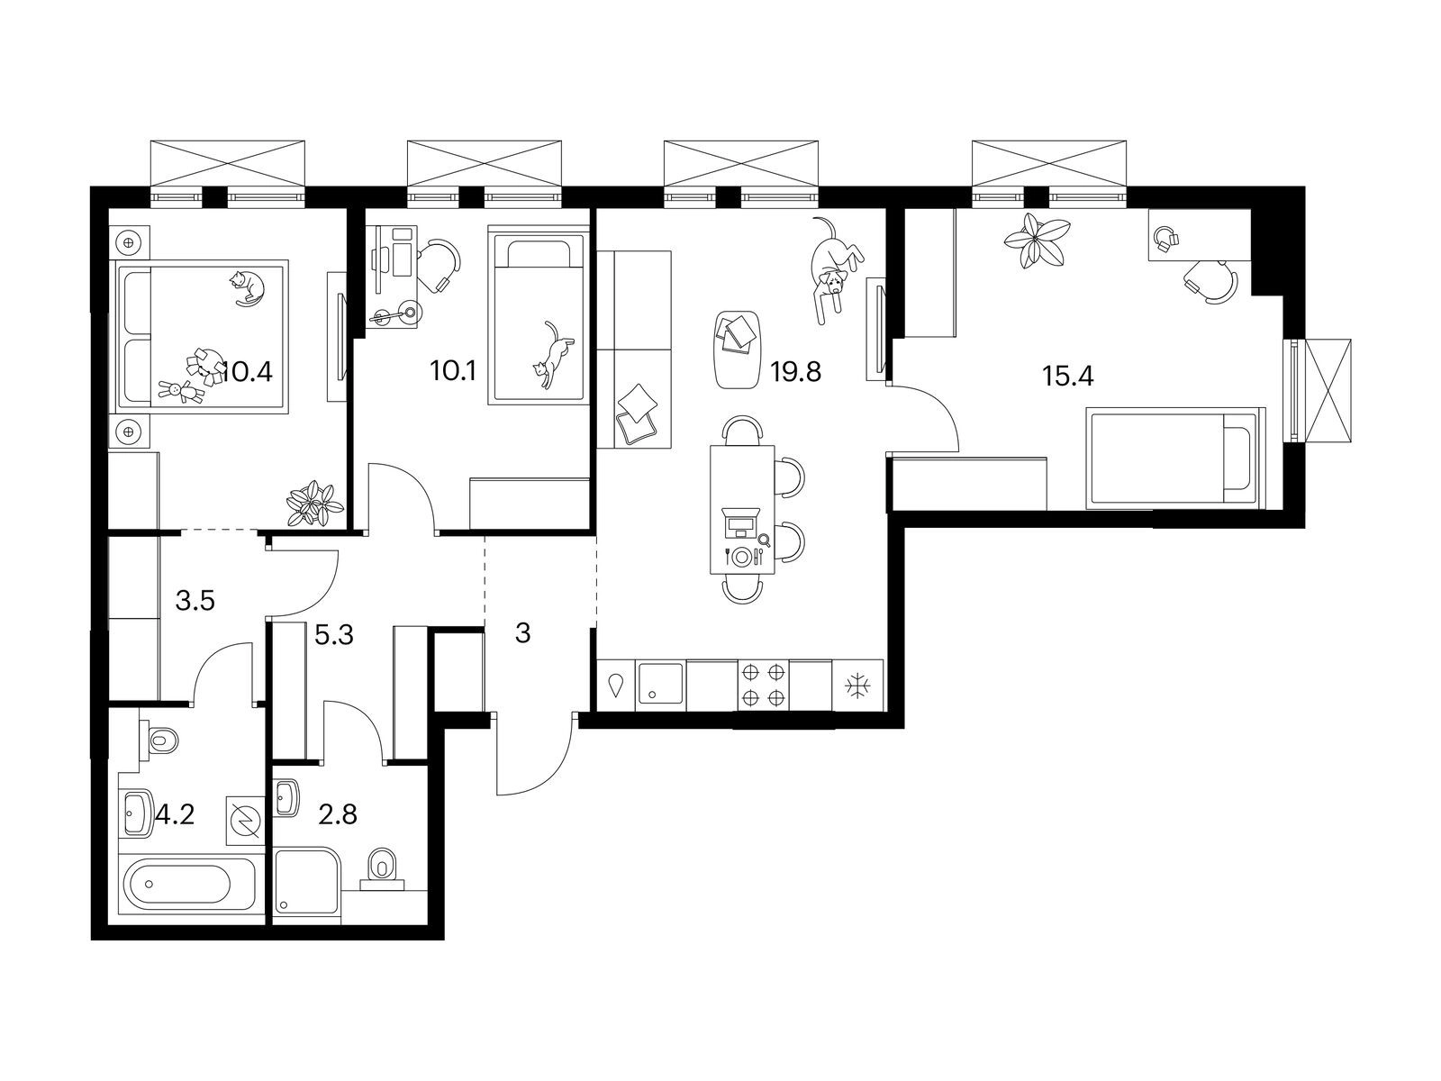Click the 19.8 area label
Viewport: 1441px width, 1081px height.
point(795,373)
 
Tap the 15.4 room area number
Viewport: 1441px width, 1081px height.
point(1067,376)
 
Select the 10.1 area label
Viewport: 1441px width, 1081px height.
point(453,371)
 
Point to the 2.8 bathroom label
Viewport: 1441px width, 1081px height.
point(338,814)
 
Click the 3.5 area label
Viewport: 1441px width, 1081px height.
point(195,600)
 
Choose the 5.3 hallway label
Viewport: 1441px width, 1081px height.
point(334,635)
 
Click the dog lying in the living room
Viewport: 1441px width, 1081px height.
point(834,270)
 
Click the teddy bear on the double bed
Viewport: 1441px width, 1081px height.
point(180,391)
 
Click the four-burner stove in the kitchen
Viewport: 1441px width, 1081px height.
point(764,686)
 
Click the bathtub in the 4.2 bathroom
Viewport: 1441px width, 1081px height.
point(187,884)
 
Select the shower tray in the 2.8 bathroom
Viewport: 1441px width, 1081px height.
point(307,881)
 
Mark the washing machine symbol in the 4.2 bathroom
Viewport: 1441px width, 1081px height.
point(246,821)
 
